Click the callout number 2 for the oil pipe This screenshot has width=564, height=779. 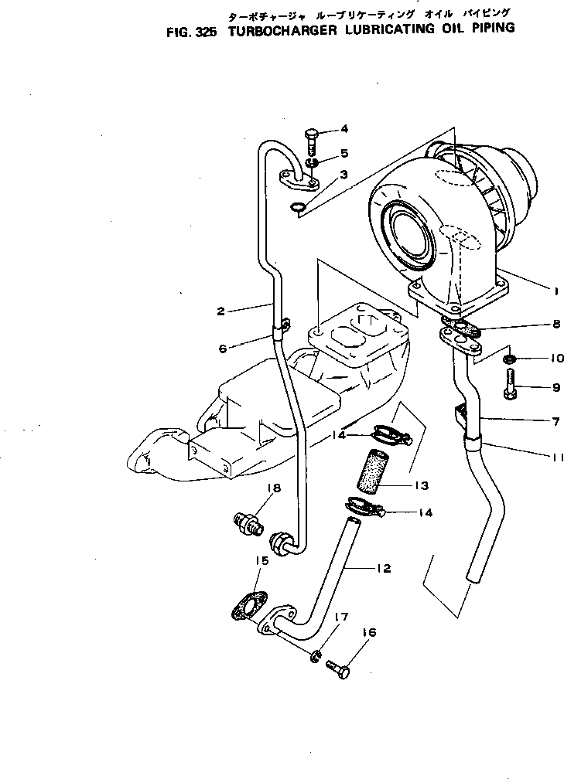point(221,311)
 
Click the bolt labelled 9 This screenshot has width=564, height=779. point(510,385)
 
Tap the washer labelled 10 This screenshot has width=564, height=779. point(509,360)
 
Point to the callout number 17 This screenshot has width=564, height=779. point(341,617)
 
